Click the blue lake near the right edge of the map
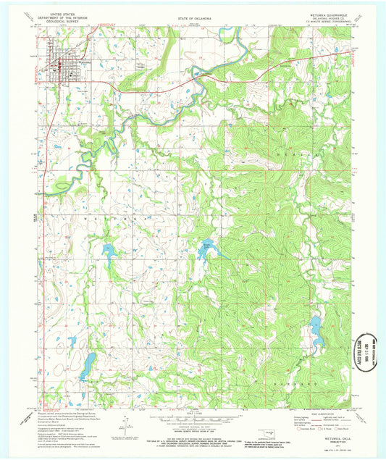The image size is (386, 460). click(x=316, y=330)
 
